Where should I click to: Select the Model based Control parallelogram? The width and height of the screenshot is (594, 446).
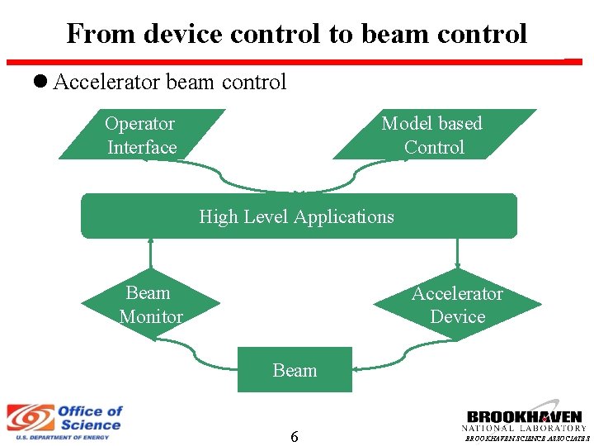pos(433,135)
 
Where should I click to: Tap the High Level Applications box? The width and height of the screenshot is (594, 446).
pos(298,216)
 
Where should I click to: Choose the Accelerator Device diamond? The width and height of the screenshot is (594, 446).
pos(457,305)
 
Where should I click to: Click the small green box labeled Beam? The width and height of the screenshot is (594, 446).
pos(295,370)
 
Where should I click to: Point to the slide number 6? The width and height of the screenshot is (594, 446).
pos(294,436)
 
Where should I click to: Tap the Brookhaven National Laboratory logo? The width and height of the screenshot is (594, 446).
pos(524,420)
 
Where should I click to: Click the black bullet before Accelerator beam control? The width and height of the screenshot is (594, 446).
pos(41,82)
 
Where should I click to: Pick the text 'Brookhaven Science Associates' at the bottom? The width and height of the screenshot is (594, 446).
pos(527,439)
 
